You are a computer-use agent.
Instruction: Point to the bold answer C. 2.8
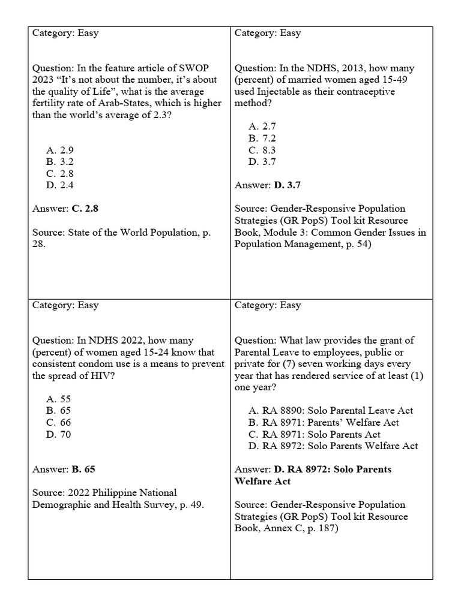pyautogui.click(x=85, y=209)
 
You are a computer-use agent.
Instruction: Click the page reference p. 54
pyautogui.click(x=355, y=244)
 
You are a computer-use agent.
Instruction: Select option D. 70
pyautogui.click(x=59, y=434)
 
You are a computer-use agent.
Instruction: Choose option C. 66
pyautogui.click(x=59, y=423)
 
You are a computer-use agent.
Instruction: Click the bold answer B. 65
pyautogui.click(x=83, y=469)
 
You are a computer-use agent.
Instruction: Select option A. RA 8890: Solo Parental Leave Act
pyautogui.click(x=331, y=411)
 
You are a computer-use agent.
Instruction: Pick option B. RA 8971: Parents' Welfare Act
pyautogui.click(x=324, y=423)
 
